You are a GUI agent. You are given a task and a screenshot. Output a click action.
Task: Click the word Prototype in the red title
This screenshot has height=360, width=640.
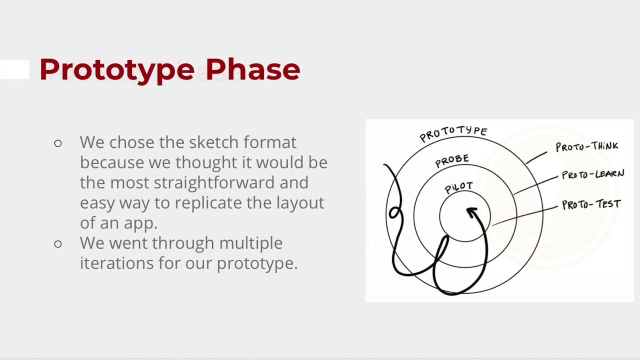(116, 69)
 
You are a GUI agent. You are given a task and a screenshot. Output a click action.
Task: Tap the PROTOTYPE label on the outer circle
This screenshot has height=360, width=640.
(453, 133)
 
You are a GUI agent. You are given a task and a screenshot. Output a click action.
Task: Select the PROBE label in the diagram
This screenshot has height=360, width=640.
(452, 160)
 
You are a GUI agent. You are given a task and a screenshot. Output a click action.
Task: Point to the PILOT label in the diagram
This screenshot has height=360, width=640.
(458, 187)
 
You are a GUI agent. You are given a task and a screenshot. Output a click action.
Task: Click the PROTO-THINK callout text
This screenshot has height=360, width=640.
(586, 146)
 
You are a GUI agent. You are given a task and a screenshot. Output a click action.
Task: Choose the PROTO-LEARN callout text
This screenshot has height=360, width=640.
(592, 174)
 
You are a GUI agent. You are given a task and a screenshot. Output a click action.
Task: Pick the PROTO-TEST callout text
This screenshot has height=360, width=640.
(591, 204)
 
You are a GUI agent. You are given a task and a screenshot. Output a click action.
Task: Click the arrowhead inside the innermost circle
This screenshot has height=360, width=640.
(471, 212)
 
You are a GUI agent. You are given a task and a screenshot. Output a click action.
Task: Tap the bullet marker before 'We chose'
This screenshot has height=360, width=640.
(58, 143)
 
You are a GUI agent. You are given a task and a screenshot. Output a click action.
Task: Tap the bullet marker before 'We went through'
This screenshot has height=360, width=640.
(58, 244)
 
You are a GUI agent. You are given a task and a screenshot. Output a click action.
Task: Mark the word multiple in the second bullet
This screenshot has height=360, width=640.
(250, 243)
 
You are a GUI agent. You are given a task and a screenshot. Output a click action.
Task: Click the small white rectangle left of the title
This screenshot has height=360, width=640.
(14, 69)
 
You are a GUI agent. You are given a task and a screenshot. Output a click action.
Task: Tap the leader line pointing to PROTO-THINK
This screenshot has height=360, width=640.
(536, 157)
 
